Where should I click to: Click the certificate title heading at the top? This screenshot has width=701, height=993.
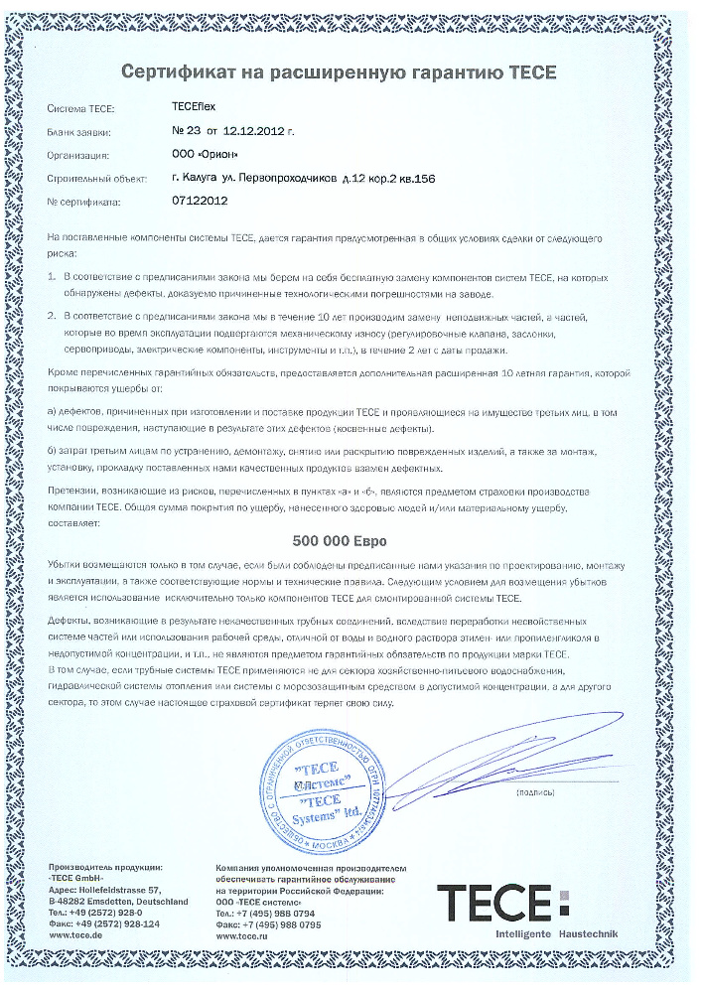tap(340, 71)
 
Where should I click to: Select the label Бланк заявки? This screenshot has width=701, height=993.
tap(78, 131)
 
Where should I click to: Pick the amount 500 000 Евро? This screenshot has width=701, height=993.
tap(340, 542)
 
